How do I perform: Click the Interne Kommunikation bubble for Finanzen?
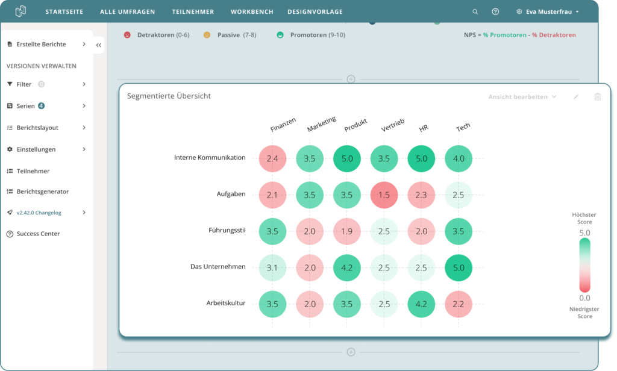pyautogui.click(x=272, y=158)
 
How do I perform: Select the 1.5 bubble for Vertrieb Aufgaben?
pyautogui.click(x=384, y=195)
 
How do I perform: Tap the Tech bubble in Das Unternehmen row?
pyautogui.click(x=459, y=267)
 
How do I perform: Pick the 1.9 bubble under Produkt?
pyautogui.click(x=346, y=231)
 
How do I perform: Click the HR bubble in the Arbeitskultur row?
pyautogui.click(x=421, y=304)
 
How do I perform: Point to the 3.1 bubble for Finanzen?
pyautogui.click(x=272, y=267)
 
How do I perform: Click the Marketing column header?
pyautogui.click(x=321, y=125)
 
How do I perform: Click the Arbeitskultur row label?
pyautogui.click(x=225, y=303)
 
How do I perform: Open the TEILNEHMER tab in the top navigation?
pyautogui.click(x=193, y=11)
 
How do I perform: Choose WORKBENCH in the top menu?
pyautogui.click(x=252, y=11)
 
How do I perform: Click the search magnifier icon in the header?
pyautogui.click(x=475, y=11)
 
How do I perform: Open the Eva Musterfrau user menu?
pyautogui.click(x=548, y=11)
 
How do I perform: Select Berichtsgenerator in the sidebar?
pyautogui.click(x=42, y=192)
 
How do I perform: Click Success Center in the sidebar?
pyautogui.click(x=38, y=234)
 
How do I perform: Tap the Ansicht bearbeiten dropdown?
pyautogui.click(x=522, y=97)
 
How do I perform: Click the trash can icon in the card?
pyautogui.click(x=597, y=97)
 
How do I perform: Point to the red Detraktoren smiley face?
pyautogui.click(x=127, y=35)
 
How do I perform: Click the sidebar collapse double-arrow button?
pyautogui.click(x=99, y=45)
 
